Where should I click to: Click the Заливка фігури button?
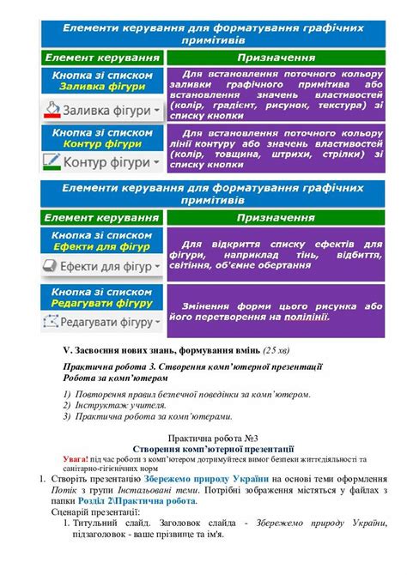tap(102, 111)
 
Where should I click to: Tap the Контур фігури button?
tap(102, 161)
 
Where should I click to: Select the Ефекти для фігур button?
tap(102, 267)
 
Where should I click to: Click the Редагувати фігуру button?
tap(102, 323)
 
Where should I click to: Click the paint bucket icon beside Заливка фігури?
tap(53, 110)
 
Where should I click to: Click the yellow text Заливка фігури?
tap(101, 87)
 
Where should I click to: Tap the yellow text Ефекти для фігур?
tap(101, 245)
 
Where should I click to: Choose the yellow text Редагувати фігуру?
tap(101, 302)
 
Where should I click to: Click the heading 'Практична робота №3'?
tap(218, 438)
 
